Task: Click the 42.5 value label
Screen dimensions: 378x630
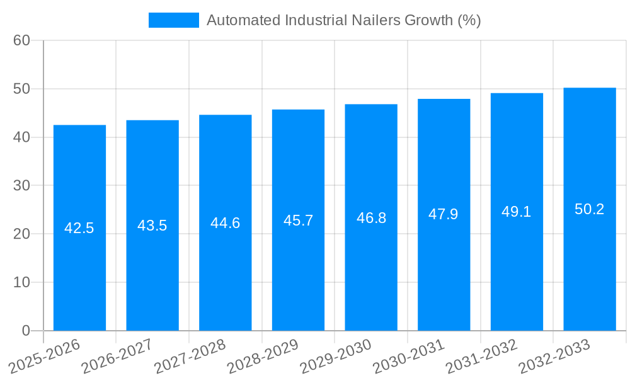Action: point(79,228)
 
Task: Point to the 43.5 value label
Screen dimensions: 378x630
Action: point(152,226)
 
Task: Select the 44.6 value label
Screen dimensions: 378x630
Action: point(225,223)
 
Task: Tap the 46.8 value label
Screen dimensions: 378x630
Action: point(371,218)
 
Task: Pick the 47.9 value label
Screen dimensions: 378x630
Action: point(444,214)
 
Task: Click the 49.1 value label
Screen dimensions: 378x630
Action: point(517,212)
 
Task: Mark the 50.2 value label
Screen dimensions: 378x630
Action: point(590,209)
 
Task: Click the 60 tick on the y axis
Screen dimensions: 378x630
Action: point(21,40)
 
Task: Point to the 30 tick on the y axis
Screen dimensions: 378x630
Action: point(21,186)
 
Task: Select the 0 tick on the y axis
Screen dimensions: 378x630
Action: point(26,331)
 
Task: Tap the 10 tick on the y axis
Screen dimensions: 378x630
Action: point(21,282)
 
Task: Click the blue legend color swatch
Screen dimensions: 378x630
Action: point(173,20)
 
